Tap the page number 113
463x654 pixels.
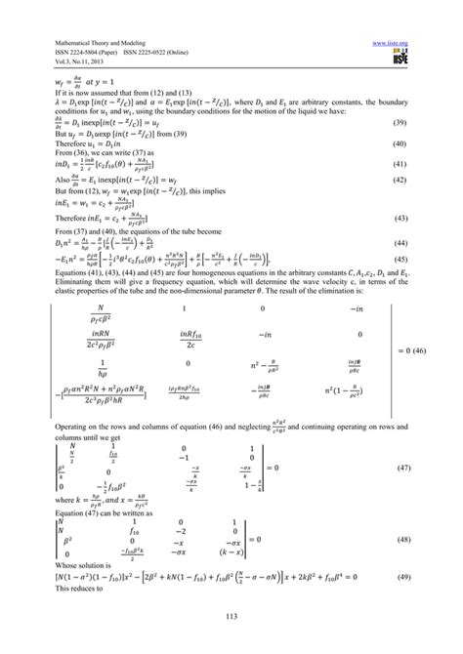pyautogui.click(x=231, y=626)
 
